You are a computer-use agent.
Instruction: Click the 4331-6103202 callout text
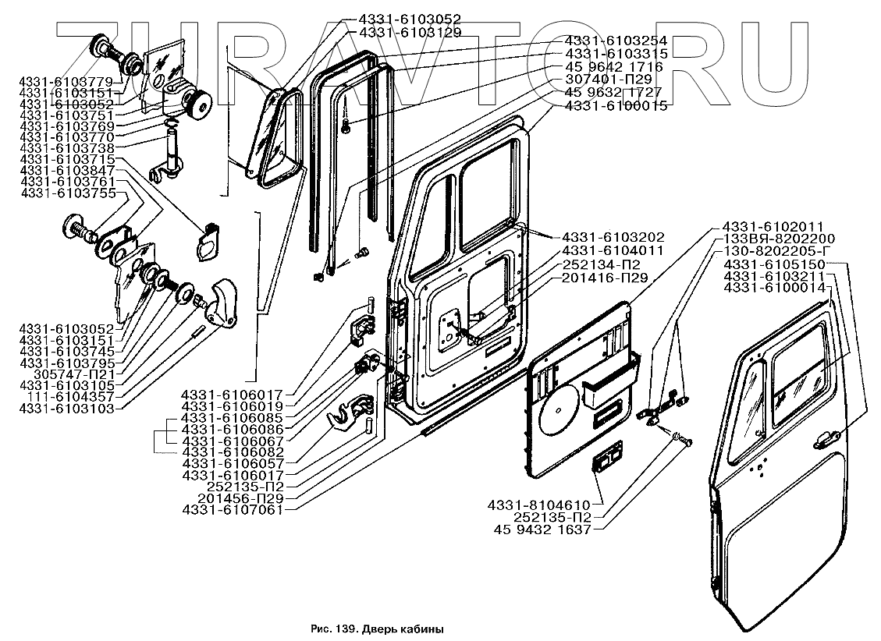pyautogui.click(x=613, y=237)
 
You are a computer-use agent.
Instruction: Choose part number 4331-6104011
pyautogui.click(x=613, y=250)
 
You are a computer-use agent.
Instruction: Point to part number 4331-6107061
pyautogui.click(x=231, y=510)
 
